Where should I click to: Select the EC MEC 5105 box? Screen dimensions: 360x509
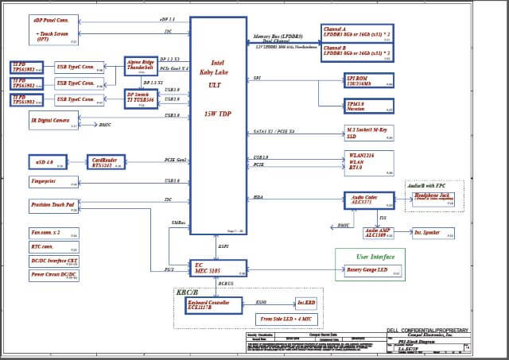219,269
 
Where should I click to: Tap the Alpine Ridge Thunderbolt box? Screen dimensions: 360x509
143,66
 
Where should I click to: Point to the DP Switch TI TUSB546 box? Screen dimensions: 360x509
143,98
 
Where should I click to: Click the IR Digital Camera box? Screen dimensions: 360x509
53,122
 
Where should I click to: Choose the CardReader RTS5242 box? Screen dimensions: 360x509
106,162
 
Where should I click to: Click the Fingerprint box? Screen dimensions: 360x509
53,183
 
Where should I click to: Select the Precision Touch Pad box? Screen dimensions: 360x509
53,207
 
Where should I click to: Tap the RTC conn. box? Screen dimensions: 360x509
53,246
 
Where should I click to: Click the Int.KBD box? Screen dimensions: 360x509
306,303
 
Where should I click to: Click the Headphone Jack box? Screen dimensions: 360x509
434,199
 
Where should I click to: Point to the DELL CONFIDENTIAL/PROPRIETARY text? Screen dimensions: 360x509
427,329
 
